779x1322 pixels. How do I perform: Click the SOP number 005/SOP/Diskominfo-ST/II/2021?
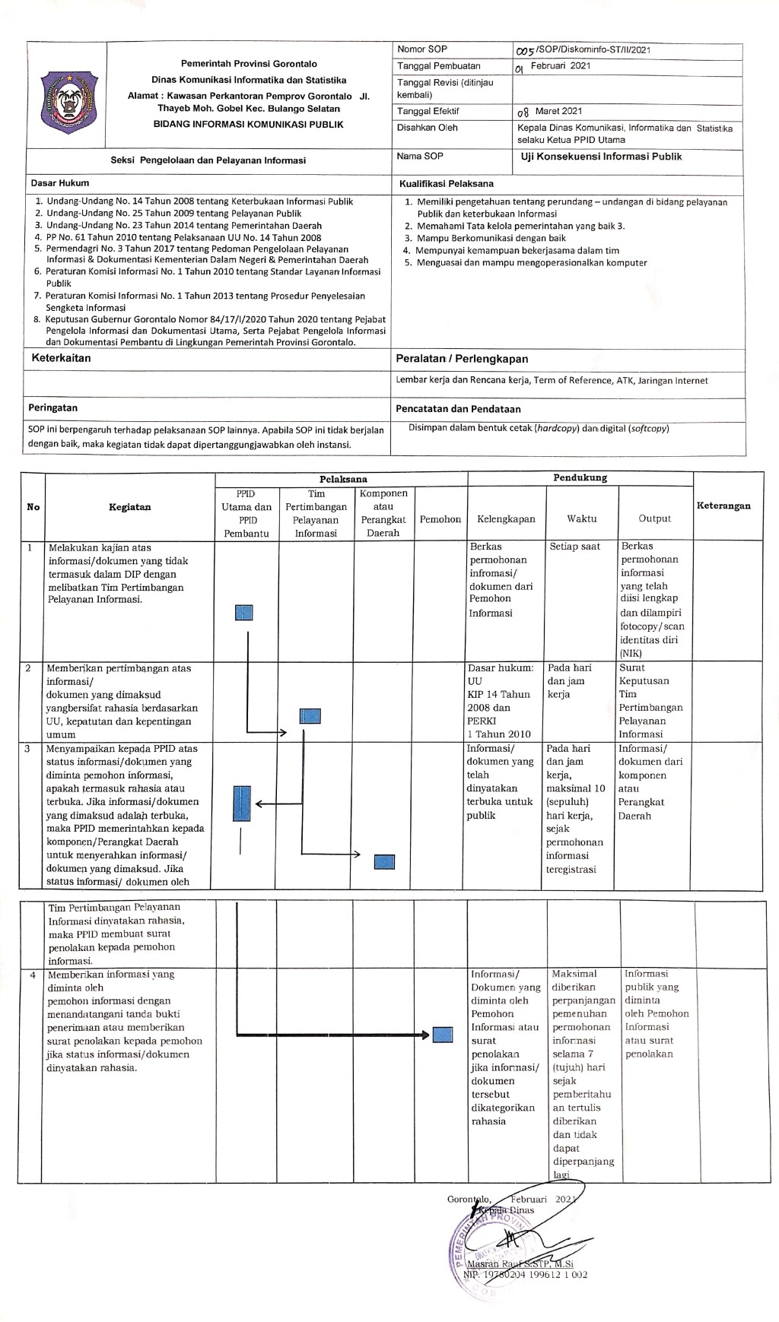tap(583, 50)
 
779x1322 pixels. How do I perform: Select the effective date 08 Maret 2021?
tap(549, 112)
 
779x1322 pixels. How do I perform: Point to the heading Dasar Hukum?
tap(60, 183)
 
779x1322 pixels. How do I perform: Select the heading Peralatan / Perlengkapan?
tap(462, 359)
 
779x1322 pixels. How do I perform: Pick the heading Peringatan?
tap(53, 408)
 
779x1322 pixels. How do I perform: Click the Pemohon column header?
tap(440, 519)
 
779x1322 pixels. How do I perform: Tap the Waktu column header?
tap(581, 519)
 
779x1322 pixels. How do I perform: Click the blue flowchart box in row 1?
tap(244, 613)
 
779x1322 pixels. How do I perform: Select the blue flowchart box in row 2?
tap(310, 715)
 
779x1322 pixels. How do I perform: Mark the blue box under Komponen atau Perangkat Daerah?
tap(385, 861)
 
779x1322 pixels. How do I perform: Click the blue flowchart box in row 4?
tap(443, 1035)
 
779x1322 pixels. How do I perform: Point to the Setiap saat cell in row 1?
tap(575, 547)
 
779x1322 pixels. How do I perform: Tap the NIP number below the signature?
tap(525, 1275)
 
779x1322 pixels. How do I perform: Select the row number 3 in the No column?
tap(28, 749)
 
